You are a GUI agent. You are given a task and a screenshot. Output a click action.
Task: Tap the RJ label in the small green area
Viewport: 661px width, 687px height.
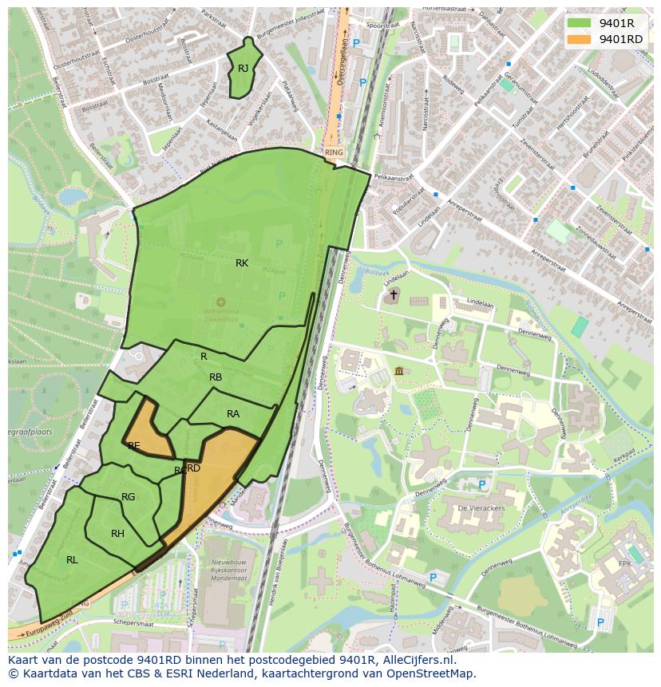(243, 69)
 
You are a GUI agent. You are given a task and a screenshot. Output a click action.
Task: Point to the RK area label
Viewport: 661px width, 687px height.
(242, 263)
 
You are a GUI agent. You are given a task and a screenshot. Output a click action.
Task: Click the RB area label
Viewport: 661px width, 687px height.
(216, 377)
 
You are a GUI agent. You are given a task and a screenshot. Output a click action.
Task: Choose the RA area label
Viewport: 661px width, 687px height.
(233, 413)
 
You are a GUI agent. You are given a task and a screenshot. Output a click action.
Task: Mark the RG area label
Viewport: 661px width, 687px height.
(128, 497)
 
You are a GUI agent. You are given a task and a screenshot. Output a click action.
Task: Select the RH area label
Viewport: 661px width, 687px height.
(117, 534)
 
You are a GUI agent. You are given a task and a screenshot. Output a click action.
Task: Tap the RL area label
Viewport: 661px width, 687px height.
(72, 559)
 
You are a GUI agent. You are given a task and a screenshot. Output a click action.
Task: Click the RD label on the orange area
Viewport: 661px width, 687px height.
(194, 468)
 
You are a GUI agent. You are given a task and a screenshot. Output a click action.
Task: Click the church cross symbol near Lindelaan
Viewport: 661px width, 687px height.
(393, 295)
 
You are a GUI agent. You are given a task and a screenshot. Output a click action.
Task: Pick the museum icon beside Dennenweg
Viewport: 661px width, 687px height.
(399, 371)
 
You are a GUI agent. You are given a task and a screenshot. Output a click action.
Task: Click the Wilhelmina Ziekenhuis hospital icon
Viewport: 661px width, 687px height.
(221, 302)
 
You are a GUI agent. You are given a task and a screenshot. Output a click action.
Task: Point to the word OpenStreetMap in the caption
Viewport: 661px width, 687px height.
(430, 673)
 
